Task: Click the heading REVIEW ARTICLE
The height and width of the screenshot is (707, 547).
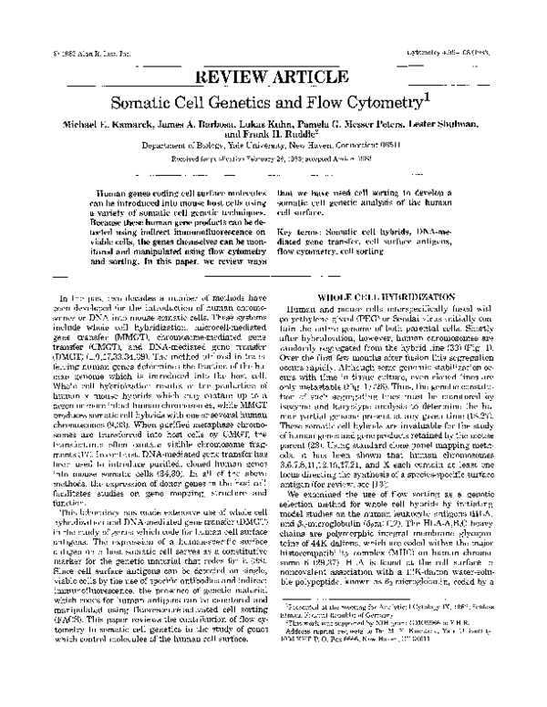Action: (x=273, y=76)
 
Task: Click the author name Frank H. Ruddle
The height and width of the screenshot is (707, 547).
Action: (x=274, y=144)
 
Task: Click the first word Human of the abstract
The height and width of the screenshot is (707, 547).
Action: (x=115, y=195)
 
